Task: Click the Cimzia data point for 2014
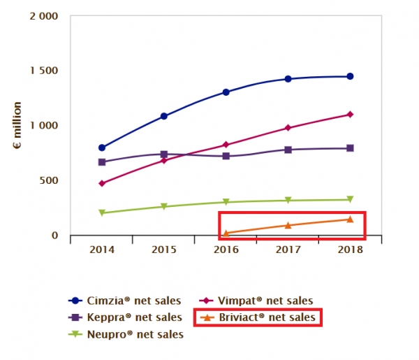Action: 102,147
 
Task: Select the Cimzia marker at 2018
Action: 350,76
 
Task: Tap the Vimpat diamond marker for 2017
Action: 288,128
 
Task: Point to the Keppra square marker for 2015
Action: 164,154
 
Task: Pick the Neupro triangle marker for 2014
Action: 102,213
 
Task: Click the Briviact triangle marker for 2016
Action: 226,233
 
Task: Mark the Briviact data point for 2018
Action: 350,219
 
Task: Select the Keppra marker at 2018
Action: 350,148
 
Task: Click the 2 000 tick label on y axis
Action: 44,16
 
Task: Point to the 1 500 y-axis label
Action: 44,71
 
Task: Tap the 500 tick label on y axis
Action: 49,180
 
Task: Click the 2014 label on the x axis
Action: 102,250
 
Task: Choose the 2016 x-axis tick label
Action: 226,250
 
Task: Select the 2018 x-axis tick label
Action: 350,250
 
